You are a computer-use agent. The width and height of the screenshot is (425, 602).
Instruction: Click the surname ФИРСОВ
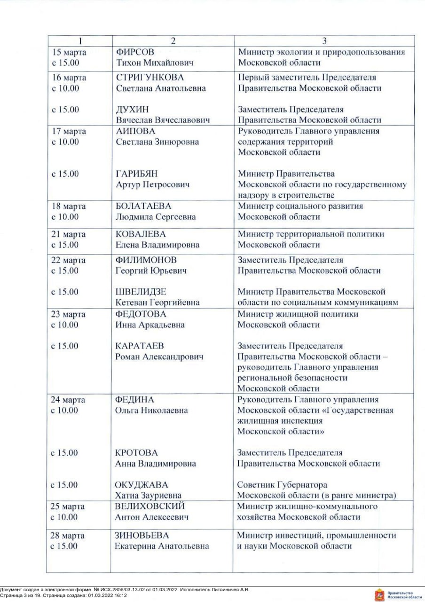click(135, 52)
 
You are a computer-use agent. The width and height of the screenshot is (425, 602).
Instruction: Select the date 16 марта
click(68, 78)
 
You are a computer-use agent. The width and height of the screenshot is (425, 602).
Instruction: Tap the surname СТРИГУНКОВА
click(150, 78)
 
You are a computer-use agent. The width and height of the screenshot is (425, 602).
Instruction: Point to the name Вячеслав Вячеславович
click(162, 120)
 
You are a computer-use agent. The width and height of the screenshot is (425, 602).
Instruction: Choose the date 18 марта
click(68, 206)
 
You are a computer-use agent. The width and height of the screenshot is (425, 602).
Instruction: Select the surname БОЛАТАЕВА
click(143, 206)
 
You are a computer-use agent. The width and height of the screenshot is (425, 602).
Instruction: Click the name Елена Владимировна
click(157, 245)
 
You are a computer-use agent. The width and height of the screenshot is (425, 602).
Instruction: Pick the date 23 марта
click(68, 314)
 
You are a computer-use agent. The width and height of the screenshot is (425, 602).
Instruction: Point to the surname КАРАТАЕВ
click(139, 346)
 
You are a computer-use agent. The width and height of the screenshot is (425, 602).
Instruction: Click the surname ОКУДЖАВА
click(142, 485)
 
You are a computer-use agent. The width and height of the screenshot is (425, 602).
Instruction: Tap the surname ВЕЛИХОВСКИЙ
click(150, 507)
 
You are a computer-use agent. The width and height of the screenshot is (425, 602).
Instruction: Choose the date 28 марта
click(68, 536)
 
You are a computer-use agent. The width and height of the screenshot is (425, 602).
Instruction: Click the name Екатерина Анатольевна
click(162, 546)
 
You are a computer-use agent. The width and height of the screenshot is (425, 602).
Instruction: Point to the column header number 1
click(80, 40)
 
